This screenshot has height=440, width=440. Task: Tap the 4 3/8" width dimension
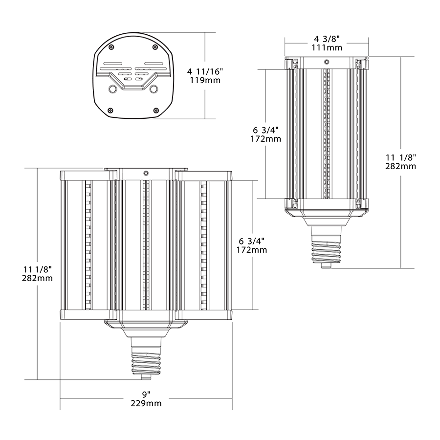[327, 39]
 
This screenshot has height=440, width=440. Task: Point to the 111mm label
[327, 47]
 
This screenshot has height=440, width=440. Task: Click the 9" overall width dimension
[146, 395]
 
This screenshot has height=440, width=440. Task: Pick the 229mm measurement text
[146, 403]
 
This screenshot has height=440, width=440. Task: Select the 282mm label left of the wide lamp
[38, 278]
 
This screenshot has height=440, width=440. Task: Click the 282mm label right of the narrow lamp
[400, 166]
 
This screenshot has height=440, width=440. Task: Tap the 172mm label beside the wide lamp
[252, 250]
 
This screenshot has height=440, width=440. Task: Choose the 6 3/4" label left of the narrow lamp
[266, 130]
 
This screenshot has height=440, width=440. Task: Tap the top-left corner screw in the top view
[112, 47]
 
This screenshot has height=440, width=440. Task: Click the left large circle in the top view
[112, 89]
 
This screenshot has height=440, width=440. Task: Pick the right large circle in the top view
[154, 89]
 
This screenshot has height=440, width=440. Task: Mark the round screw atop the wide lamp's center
[146, 173]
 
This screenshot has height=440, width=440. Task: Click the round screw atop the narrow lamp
[327, 62]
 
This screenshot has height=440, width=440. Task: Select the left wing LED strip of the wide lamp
[88, 244]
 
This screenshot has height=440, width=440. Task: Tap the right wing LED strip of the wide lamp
[203, 244]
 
